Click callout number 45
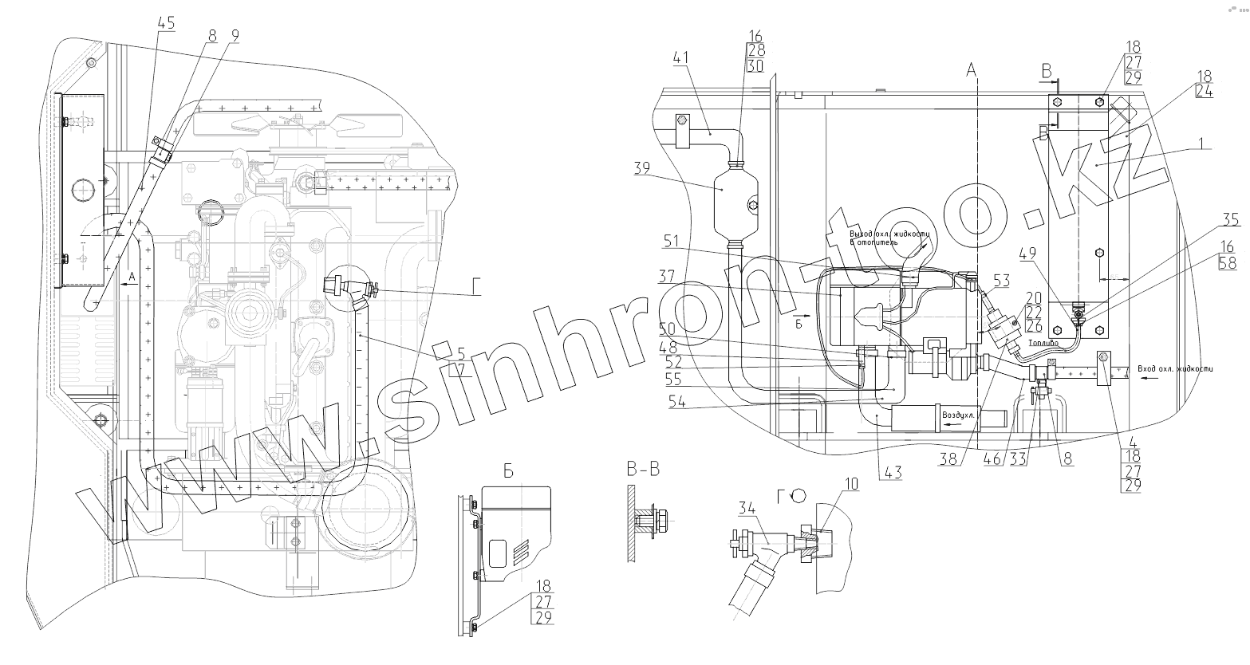pyautogui.click(x=165, y=22)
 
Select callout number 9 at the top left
pyautogui.click(x=235, y=35)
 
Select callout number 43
pyautogui.click(x=893, y=473)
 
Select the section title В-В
pyautogui.click(x=643, y=470)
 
